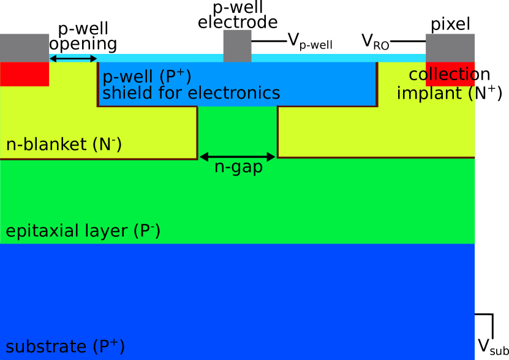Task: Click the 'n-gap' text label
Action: pos(238,167)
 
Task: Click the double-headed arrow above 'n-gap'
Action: pos(238,157)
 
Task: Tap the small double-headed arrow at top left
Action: pos(73,59)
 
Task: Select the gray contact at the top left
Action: pos(25,48)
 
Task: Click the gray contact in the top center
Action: pos(237,45)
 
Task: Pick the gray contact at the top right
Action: pos(450,48)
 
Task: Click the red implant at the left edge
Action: pos(25,73)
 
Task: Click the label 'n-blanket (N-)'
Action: pos(64,144)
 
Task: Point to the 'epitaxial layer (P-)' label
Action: pos(83,231)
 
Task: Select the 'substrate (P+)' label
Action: pos(65,347)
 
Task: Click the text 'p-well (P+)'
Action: pos(146,77)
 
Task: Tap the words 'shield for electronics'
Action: pos(191,93)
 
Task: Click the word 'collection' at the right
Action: pos(441,75)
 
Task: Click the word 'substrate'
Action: pos(47,347)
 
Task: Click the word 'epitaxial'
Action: pos(41,231)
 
